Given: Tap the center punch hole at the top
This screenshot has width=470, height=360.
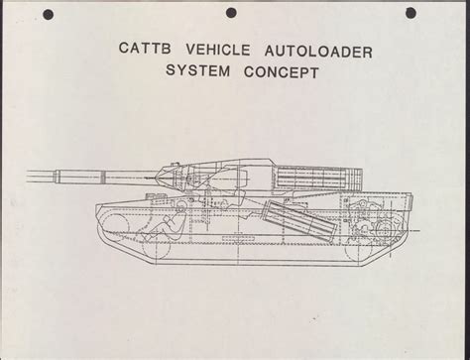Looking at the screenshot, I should [x=231, y=13].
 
